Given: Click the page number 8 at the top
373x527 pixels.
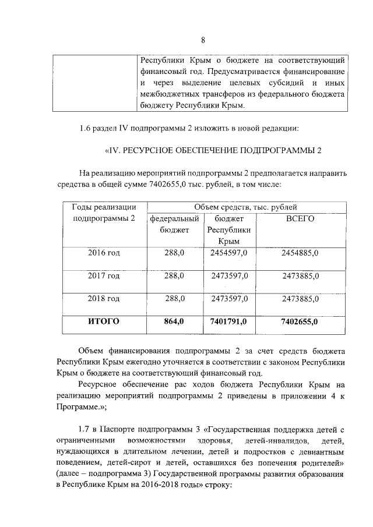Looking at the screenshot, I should [x=203, y=40].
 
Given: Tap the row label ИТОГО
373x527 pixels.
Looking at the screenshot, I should [x=104, y=321].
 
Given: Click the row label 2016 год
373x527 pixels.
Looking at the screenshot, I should [x=104, y=253].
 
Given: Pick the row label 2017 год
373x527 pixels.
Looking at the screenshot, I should [x=104, y=275].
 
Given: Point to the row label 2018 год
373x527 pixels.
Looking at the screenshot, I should [x=104, y=298].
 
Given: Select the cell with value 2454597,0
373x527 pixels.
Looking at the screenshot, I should [x=229, y=253].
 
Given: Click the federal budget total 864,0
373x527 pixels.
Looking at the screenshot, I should [x=175, y=321].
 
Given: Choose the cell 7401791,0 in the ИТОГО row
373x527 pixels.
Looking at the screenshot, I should [x=229, y=321].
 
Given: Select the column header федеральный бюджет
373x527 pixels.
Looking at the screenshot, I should [x=175, y=224].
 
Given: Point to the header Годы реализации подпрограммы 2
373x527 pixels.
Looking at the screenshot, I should [x=104, y=213].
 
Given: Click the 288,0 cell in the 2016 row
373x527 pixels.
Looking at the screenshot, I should [x=175, y=253].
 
